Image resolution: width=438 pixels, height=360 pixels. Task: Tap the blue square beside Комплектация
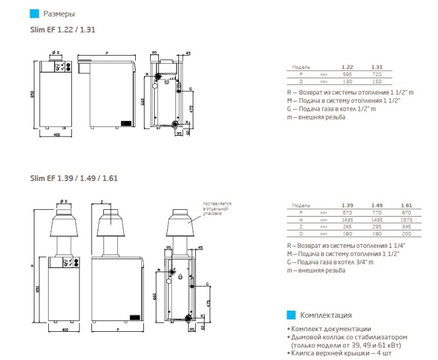coord(290,315)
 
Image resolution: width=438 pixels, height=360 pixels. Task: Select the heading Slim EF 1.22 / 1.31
coord(63,29)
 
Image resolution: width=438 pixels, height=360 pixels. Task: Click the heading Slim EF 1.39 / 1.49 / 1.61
coord(74,178)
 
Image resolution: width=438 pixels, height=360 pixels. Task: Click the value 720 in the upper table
coord(377,74)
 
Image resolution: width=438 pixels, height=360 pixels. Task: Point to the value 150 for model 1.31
coord(377,81)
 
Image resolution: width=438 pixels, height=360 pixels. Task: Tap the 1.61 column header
coord(407,205)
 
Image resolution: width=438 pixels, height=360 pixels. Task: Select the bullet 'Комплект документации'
coord(328,329)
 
